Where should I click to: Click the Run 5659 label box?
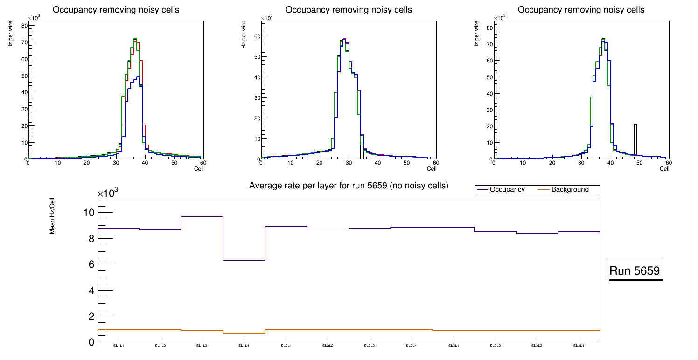[x=635, y=270]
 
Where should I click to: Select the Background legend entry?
[x=570, y=189]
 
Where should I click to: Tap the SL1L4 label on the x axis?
[x=244, y=346]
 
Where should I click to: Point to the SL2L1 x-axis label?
[x=286, y=346]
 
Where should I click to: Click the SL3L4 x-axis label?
[x=579, y=346]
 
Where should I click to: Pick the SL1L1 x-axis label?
[x=119, y=346]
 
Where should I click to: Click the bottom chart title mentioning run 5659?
[x=349, y=186]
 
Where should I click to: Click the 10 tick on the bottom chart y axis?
[x=88, y=213]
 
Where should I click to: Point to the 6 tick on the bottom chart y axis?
[x=91, y=264]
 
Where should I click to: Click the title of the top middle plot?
[x=349, y=9]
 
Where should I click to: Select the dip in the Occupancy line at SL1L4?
[x=244, y=260]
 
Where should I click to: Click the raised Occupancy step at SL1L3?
[x=202, y=216]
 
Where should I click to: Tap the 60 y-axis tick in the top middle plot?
[x=256, y=36]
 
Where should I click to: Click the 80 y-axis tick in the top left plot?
[x=23, y=26]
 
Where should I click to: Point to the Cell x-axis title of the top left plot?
[x=199, y=169]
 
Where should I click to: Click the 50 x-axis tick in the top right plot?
[x=640, y=163]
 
